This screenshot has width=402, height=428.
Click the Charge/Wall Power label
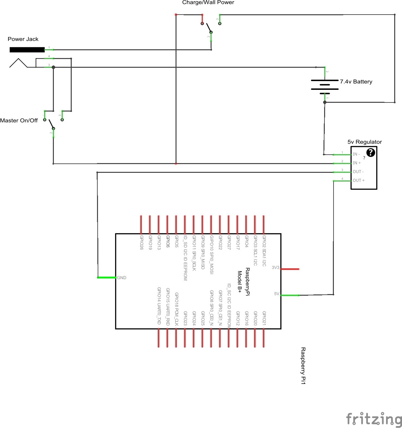coord(208,3)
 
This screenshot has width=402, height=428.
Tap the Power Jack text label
coord(23,39)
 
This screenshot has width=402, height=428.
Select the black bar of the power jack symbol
coord(27,50)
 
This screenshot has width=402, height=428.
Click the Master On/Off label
coord(19,121)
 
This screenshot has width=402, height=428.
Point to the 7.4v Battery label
coord(356,82)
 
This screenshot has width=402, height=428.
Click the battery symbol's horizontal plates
coord(324,85)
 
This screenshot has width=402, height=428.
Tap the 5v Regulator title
coord(364,142)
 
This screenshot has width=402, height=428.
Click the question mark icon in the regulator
coord(371,152)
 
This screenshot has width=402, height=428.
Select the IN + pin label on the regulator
coord(357,163)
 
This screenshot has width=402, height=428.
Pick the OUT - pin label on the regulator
coord(358,172)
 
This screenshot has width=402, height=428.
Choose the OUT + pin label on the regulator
coord(358,181)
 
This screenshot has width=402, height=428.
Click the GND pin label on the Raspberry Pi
coord(122,278)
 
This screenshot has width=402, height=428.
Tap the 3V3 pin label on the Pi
coord(275,268)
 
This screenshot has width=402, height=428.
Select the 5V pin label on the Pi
coord(276,294)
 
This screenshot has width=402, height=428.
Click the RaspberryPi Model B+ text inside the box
coord(244,282)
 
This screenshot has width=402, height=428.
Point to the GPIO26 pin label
coord(141,243)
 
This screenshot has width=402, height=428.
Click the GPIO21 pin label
coord(264,318)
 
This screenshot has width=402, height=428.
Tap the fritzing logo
coord(374,419)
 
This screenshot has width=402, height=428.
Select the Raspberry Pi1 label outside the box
coord(303,366)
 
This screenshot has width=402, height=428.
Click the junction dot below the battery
coord(325,102)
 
